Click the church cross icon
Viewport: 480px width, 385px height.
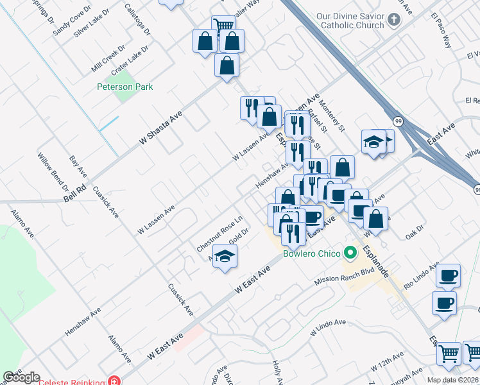395,20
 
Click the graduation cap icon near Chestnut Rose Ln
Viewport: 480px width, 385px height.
223,257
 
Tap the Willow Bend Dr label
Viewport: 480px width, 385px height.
53,172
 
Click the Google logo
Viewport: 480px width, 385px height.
21,377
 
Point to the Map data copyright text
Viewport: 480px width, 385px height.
452,380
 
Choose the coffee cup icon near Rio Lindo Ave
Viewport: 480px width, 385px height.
447,276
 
